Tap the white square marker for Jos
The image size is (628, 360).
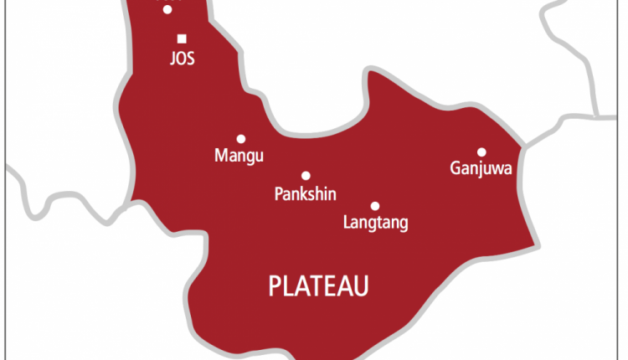182,39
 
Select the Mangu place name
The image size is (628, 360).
239,156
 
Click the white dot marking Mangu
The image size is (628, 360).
241,139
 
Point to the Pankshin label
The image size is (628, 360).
306,194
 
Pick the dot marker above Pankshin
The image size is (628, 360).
306,176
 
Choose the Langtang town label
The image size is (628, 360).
376,224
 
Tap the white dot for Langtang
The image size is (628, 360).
375,206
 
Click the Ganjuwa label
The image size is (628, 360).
481,170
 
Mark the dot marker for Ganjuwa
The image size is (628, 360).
481,152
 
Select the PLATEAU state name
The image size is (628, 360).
319,287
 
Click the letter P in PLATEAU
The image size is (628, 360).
275,287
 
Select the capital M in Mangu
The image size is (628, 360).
221,156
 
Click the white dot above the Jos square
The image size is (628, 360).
167,9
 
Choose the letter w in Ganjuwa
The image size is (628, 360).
497,170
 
